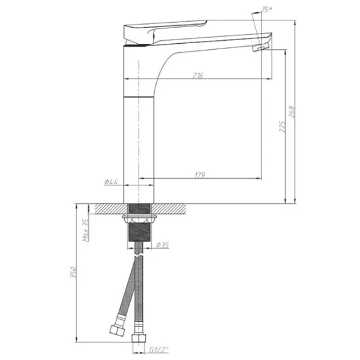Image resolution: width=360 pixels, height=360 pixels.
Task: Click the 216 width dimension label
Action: (198, 75)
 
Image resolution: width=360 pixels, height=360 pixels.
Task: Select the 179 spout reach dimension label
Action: (200, 175)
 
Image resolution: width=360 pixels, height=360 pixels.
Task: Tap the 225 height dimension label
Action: (283, 127)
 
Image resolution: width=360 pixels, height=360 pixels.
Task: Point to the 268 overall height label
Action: (292, 112)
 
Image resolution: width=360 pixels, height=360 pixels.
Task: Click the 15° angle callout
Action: (267, 10)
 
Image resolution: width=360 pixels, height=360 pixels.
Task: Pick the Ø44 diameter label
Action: (111, 182)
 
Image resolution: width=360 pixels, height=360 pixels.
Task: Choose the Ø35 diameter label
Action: (163, 245)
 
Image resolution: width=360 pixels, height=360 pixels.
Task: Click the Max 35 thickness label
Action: (86, 230)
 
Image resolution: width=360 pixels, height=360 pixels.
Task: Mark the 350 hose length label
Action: (73, 272)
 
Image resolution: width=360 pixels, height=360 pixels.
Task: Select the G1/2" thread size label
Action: (159, 350)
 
